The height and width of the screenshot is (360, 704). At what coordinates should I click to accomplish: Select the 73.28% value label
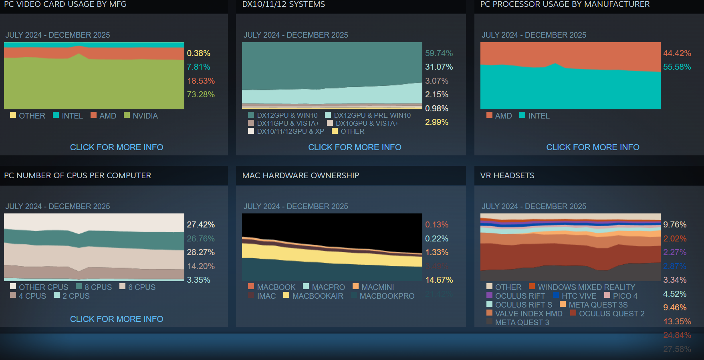click(x=201, y=95)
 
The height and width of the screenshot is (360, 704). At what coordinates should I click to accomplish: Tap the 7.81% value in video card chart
click(x=198, y=67)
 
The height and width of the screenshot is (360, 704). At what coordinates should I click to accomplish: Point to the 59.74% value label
click(x=439, y=53)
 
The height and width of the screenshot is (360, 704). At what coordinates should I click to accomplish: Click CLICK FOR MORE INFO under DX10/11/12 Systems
click(x=355, y=147)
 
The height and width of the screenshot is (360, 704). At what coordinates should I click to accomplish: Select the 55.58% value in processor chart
click(x=677, y=67)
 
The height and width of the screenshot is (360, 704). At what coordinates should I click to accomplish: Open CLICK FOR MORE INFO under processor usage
click(x=593, y=147)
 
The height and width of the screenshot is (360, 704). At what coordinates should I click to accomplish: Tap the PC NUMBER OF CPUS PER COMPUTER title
click(x=77, y=175)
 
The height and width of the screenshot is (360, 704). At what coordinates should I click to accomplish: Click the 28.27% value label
click(x=201, y=252)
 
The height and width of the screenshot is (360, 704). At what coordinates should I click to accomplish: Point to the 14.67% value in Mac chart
click(x=439, y=280)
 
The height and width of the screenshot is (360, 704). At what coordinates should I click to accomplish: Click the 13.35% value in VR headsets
click(x=677, y=322)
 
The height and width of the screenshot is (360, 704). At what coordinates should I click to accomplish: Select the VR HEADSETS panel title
click(x=507, y=175)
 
